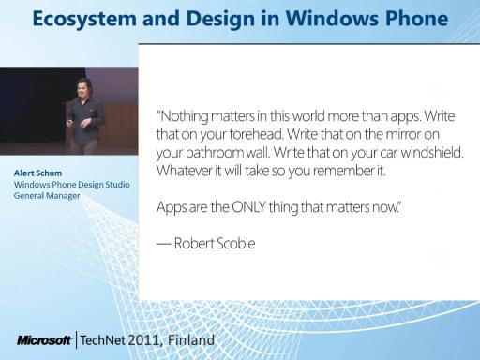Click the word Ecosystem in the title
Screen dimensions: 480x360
(x=84, y=19)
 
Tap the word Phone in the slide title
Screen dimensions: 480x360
(x=416, y=18)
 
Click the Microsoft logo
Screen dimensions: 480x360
(x=44, y=340)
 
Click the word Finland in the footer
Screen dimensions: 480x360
(x=191, y=339)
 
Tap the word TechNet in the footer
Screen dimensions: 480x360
(x=102, y=340)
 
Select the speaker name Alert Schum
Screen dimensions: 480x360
(x=37, y=173)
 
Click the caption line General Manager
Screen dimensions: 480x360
(x=47, y=196)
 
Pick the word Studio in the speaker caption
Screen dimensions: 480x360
(x=117, y=185)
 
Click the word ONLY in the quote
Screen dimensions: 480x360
(x=248, y=207)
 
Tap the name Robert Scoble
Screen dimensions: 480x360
(x=215, y=243)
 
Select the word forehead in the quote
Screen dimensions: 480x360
(x=256, y=134)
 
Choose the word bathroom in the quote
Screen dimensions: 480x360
(x=215, y=153)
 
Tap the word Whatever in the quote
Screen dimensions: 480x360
(x=185, y=171)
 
